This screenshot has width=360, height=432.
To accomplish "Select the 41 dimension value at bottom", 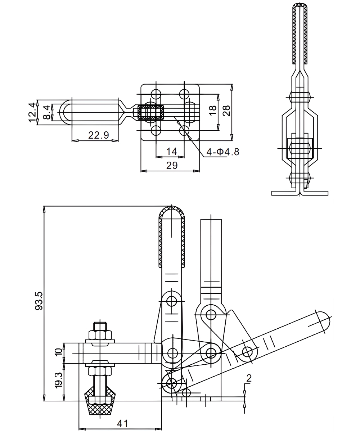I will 122,423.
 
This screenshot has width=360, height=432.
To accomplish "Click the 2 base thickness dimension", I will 249,378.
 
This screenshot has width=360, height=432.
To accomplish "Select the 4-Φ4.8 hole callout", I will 222,152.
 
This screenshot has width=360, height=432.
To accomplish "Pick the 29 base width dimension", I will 172,165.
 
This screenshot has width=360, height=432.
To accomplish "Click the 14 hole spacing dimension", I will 172,151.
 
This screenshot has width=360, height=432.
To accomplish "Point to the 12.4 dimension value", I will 32,112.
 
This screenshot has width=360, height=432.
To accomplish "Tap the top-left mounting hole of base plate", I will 156,94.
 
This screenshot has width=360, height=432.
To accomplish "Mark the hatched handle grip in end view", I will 300,34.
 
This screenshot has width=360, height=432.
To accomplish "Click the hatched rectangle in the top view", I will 150,113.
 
